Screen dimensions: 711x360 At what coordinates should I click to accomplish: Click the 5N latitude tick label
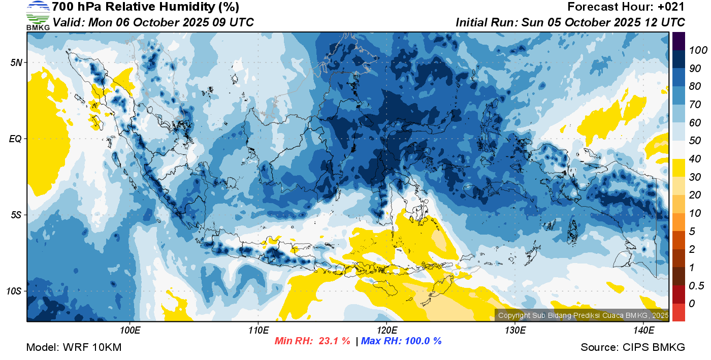point(16,62)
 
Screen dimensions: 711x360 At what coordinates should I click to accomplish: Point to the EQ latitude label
point(16,139)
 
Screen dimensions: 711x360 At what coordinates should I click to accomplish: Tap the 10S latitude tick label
point(14,291)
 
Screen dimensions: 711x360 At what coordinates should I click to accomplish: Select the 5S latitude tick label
point(16,215)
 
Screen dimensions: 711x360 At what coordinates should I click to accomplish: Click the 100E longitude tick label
point(130,331)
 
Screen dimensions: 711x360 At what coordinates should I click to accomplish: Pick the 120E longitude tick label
point(386,331)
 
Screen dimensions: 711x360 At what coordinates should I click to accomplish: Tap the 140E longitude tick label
point(643,331)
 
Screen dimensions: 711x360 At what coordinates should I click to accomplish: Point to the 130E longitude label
point(515,331)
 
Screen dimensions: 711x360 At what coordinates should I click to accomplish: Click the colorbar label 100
point(698,50)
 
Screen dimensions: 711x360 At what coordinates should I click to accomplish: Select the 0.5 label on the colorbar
point(696,286)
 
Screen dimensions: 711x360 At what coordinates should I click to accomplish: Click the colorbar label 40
point(695,159)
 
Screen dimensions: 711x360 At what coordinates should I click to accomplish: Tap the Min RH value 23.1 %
point(334,341)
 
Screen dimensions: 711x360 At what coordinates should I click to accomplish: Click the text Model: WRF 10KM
point(74,347)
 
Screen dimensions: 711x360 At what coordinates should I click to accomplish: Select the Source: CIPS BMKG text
point(633,347)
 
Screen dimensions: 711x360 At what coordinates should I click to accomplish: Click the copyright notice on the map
point(584,315)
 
